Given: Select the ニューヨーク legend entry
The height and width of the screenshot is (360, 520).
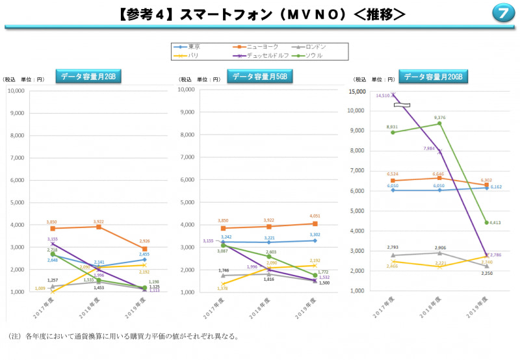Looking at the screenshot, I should [263, 47].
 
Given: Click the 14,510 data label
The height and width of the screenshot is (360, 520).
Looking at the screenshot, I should [383, 96].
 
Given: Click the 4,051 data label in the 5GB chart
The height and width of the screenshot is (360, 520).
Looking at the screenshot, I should [317, 216].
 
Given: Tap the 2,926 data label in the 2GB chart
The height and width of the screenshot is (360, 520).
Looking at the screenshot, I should [144, 242].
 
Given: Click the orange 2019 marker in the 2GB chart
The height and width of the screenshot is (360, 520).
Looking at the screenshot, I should [144, 249].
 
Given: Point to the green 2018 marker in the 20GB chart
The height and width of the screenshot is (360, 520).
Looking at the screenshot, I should [439, 123].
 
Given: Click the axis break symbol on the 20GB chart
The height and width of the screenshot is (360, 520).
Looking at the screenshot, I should [402, 105].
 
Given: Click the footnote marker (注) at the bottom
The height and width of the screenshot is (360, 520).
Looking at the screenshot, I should [14, 337].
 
